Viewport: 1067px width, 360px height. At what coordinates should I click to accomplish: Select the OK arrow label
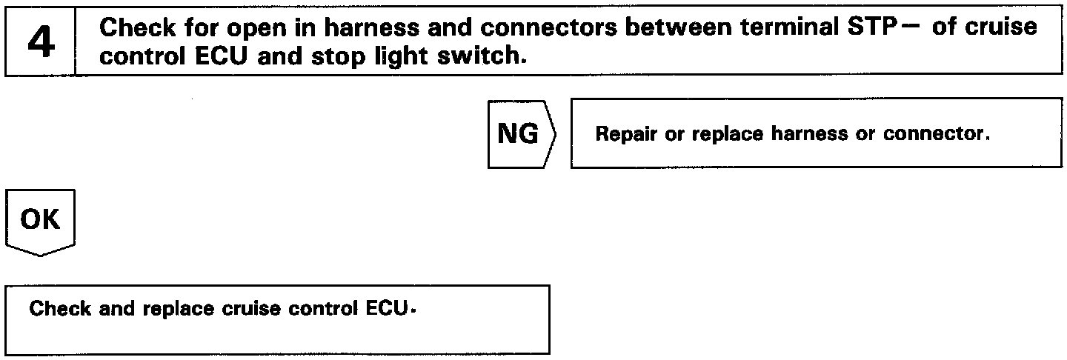click(41, 220)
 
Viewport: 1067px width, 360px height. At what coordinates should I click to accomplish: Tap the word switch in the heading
click(482, 56)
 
